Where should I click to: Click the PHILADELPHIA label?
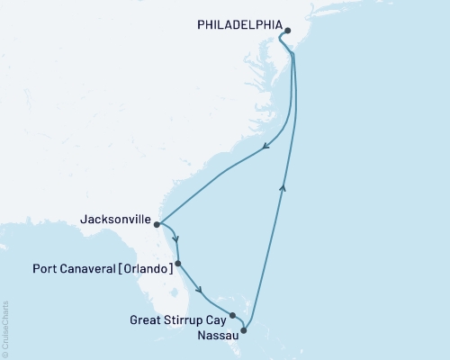(x=238, y=26)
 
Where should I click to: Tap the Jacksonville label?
(x=115, y=218)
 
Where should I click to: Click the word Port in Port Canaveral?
(x=46, y=266)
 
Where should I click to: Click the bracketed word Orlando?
(x=149, y=266)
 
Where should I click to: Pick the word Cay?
(x=216, y=319)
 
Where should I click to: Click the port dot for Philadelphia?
(x=287, y=31)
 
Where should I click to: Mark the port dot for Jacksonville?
(x=157, y=224)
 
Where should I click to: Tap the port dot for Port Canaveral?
(x=178, y=264)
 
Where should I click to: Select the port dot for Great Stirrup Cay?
(x=232, y=315)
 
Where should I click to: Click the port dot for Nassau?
(x=243, y=330)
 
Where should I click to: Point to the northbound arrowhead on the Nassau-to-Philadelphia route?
(x=284, y=186)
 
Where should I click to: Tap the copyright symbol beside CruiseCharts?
(x=6, y=353)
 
